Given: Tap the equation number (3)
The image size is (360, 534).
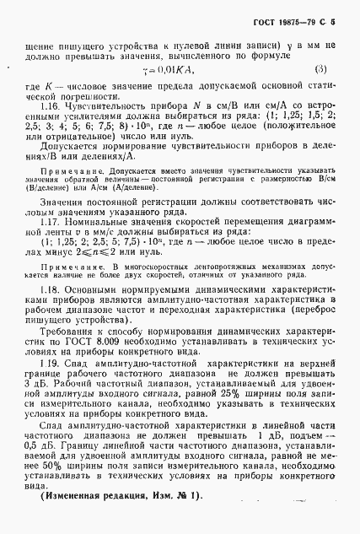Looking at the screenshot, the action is click(321, 69).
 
